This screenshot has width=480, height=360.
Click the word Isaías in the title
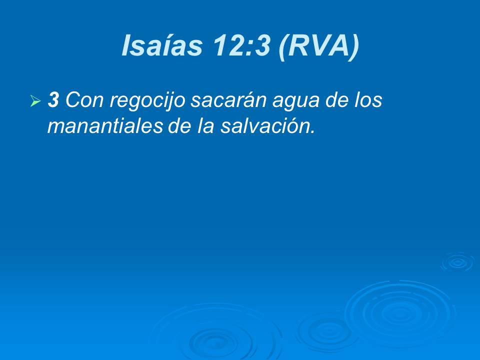161,46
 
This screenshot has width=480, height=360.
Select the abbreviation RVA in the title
319,46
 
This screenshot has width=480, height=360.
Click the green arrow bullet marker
35,101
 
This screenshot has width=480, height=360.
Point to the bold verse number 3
53,100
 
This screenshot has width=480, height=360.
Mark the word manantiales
105,126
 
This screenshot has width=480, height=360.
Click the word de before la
178,126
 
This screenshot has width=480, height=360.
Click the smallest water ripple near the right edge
457,262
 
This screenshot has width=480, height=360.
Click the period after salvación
313,132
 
